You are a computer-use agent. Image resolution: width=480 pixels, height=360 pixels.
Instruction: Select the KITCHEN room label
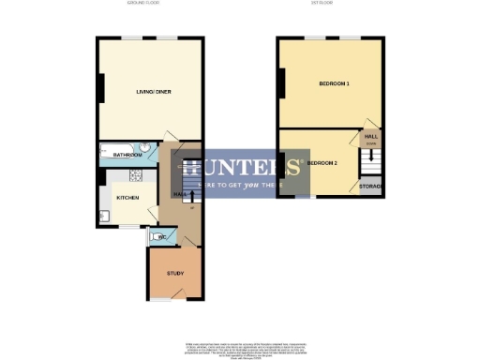pos(127,199)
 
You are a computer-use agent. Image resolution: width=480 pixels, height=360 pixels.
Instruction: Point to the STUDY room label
pos(175,274)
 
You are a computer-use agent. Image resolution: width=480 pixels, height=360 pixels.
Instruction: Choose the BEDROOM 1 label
pos(334,84)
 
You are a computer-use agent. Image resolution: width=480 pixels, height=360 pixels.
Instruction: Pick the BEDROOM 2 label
pos(322,163)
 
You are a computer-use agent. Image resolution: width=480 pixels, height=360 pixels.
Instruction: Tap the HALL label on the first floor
pos(370,137)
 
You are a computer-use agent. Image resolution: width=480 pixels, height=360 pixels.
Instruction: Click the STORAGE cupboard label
pos(370,187)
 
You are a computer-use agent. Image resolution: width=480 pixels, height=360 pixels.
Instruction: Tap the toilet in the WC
pos(155,237)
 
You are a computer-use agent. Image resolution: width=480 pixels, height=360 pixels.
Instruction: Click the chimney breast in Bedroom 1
pos(278,85)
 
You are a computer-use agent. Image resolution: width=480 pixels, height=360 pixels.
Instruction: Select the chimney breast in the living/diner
pos(99,90)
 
